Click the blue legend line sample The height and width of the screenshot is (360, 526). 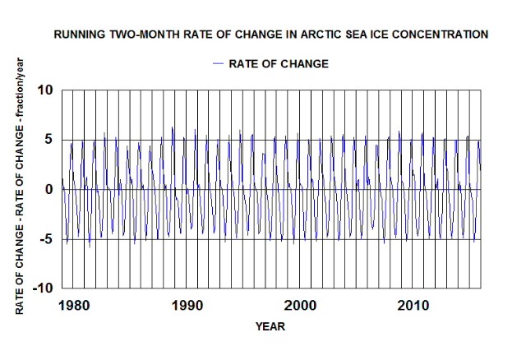pos(219,62)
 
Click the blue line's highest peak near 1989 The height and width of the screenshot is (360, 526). pos(173,127)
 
